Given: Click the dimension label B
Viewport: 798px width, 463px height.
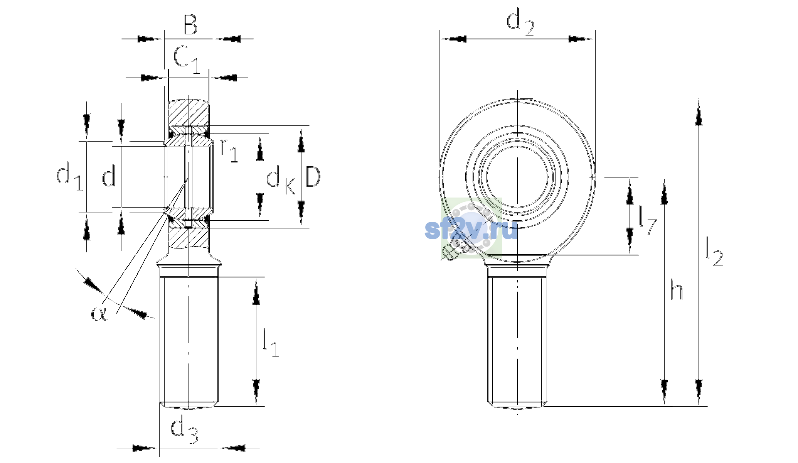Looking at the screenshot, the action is coord(190,24).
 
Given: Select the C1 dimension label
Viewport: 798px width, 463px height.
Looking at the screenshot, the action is coord(187,59).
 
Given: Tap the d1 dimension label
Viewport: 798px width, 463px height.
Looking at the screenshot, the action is coord(69,176).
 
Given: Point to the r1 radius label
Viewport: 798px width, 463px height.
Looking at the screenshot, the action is coord(229,150).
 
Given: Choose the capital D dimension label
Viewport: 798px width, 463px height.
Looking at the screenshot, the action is coord(313,177).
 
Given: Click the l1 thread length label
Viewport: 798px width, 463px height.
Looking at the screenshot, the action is coord(270,343).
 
